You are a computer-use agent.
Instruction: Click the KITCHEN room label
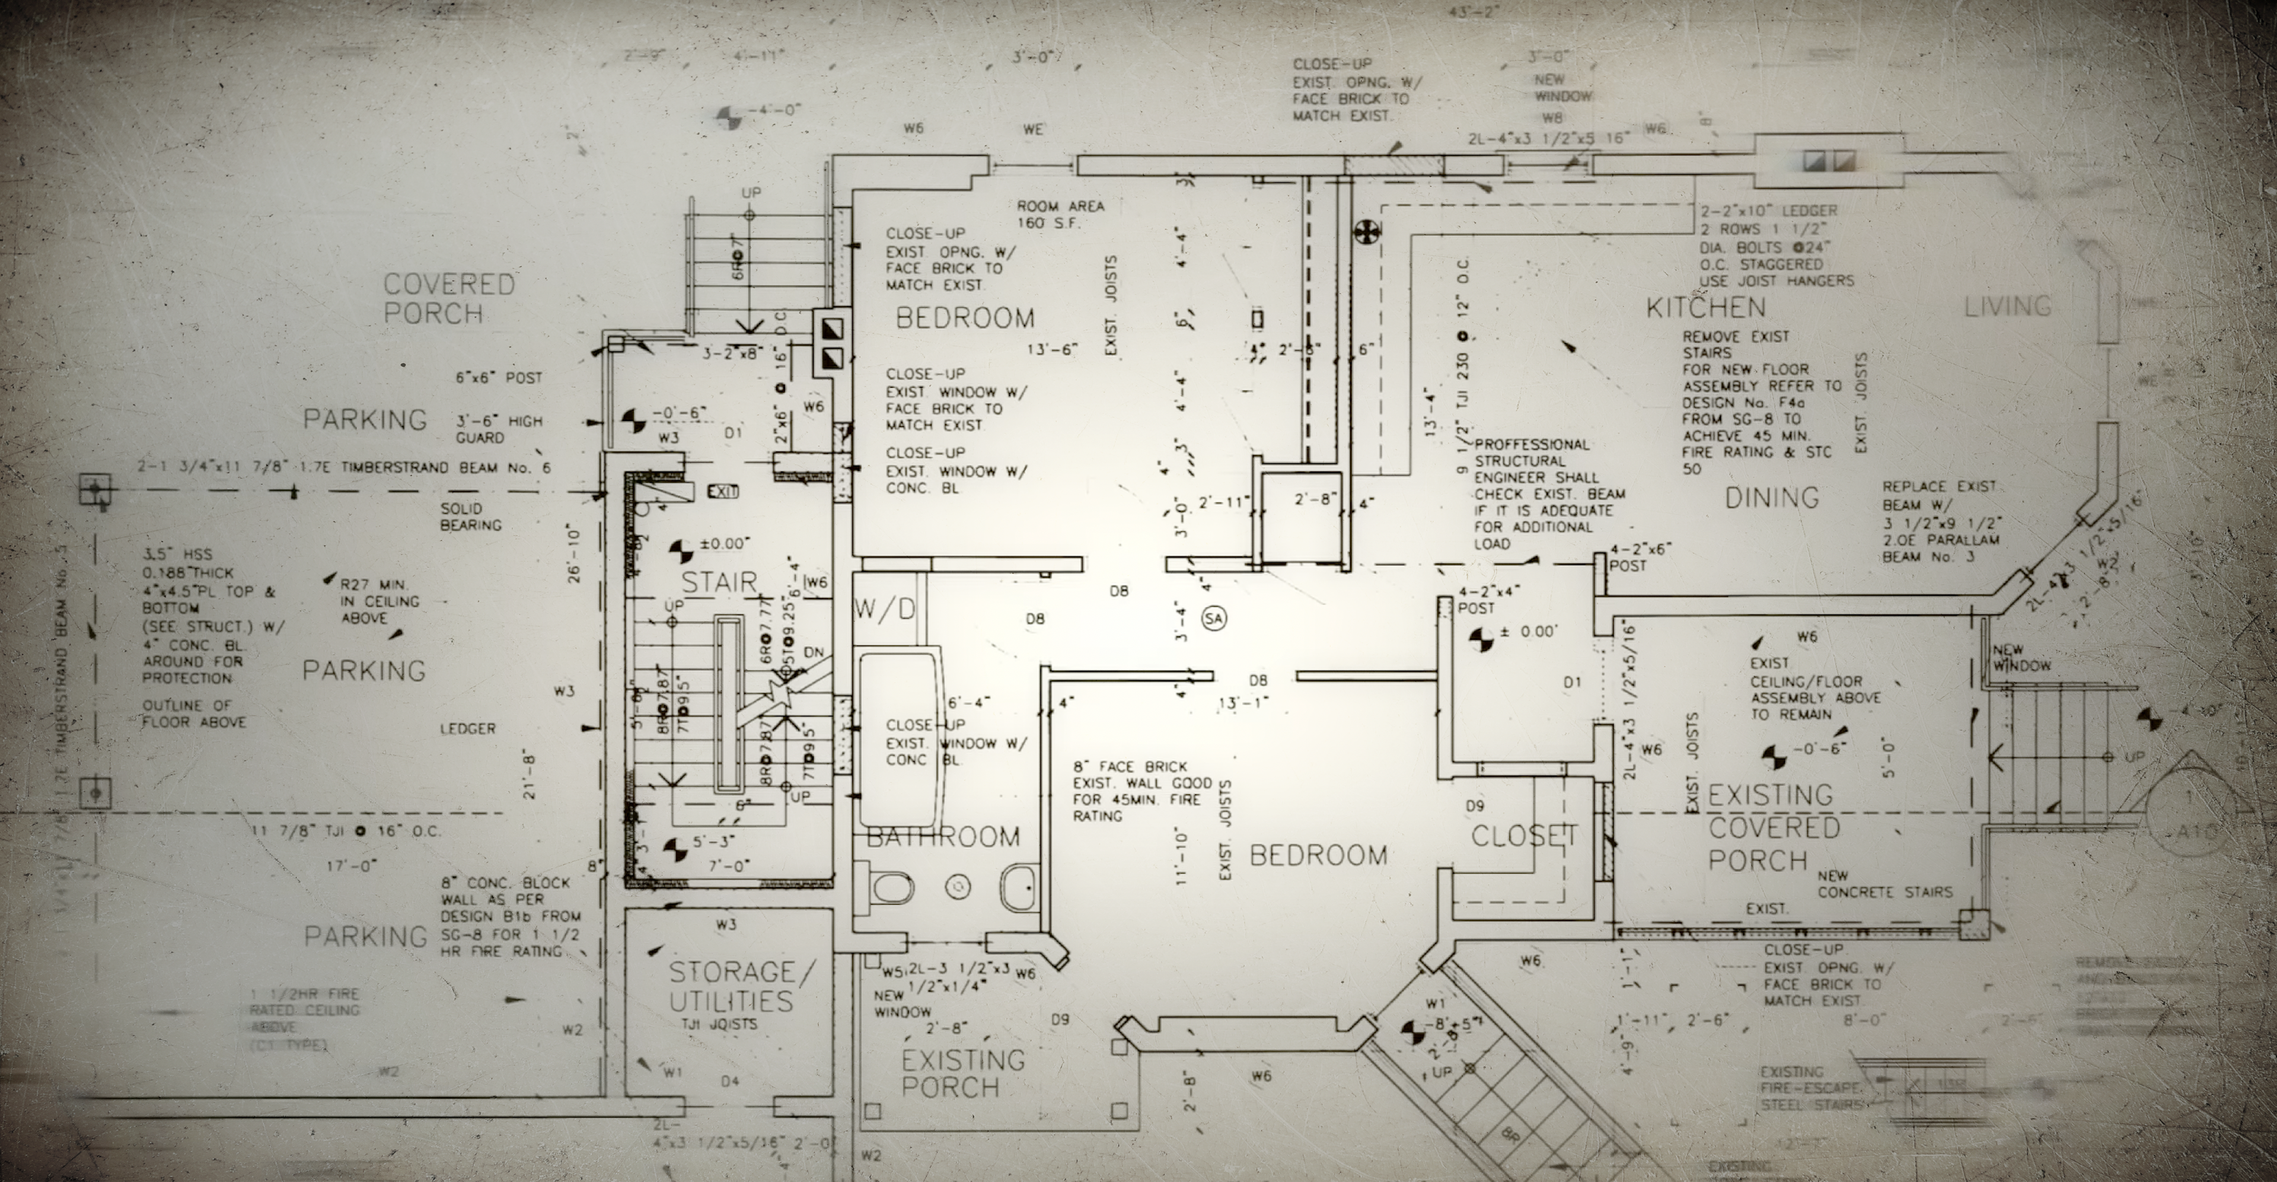(x=1705, y=308)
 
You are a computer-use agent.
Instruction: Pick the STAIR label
(x=719, y=582)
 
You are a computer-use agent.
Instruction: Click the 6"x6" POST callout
(x=499, y=378)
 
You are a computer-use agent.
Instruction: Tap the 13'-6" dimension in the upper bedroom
(x=1053, y=349)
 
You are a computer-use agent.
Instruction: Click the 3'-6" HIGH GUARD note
(x=499, y=429)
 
